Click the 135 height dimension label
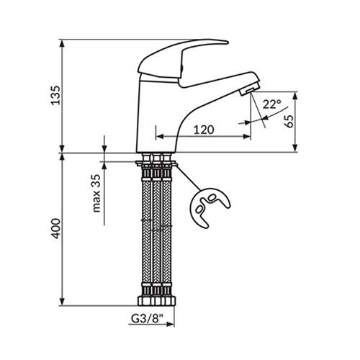click(x=55, y=95)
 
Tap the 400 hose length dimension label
click(x=56, y=228)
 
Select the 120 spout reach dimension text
click(x=204, y=130)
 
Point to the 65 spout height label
click(x=289, y=122)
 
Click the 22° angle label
click(x=271, y=104)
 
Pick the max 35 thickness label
click(x=96, y=194)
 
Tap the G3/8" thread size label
click(x=147, y=318)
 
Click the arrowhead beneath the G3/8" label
click(x=170, y=324)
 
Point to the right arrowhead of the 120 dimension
click(x=247, y=137)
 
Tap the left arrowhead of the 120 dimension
click(x=160, y=137)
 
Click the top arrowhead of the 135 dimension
click(x=62, y=43)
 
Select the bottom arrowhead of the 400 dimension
click(x=62, y=302)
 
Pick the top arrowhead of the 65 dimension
click(x=295, y=96)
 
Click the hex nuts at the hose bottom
click(x=157, y=301)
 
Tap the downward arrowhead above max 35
click(x=104, y=148)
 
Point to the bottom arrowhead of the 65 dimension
click(x=295, y=148)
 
